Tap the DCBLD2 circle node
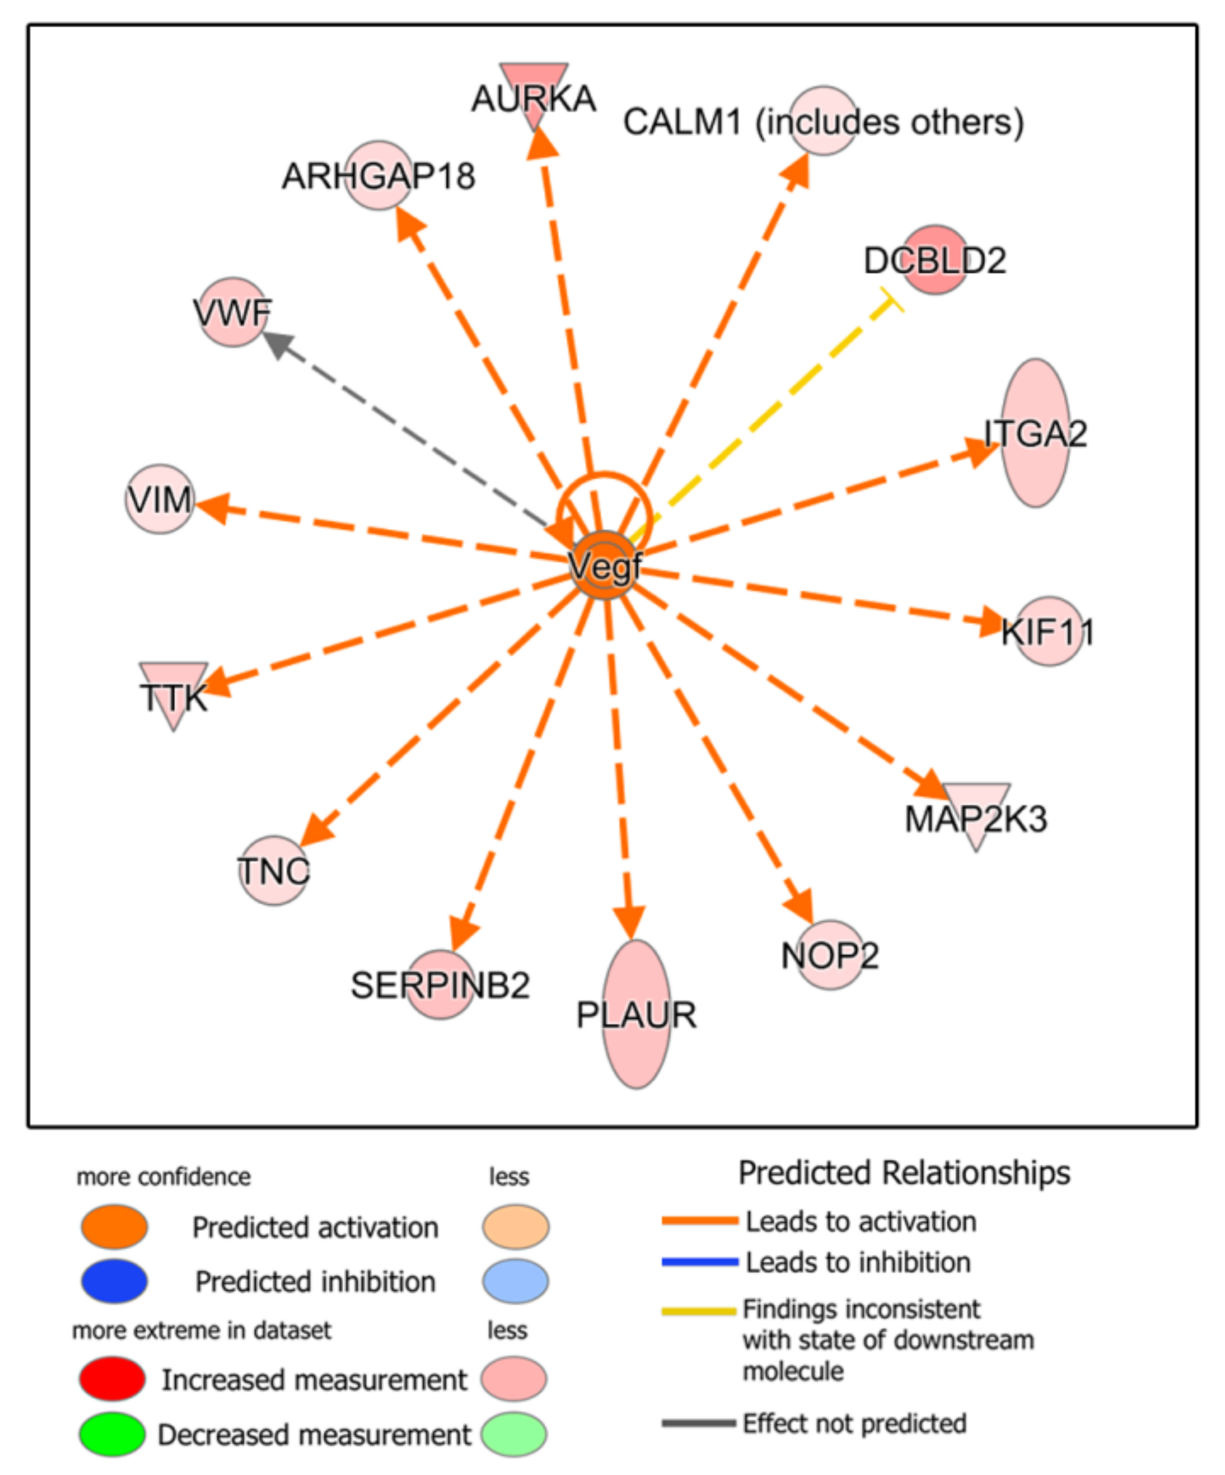934,260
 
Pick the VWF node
233,312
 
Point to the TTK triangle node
174,691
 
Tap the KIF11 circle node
1049,631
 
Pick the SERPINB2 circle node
441,984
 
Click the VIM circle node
160,500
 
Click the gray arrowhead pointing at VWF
276,344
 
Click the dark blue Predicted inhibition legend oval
114,1280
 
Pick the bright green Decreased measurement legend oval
112,1433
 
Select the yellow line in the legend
698,1311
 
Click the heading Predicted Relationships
904,1172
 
